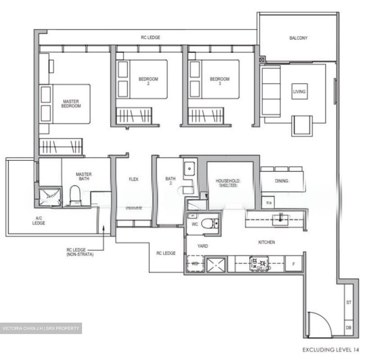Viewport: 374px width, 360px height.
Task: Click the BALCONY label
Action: point(298,38)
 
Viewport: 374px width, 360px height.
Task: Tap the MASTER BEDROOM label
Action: point(71,104)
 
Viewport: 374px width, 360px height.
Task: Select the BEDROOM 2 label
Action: point(148,81)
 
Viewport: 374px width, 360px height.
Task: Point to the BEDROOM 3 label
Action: point(220,81)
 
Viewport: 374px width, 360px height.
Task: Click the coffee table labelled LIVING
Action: point(299,91)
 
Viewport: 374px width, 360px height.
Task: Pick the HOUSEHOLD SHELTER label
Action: point(228,183)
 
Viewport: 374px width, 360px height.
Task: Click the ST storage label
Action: point(349,302)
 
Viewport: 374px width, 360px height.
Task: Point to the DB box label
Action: point(349,328)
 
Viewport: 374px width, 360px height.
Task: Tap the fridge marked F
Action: point(294,264)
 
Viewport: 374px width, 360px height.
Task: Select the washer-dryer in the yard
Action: point(195,264)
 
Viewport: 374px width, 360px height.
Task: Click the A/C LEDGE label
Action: point(39,221)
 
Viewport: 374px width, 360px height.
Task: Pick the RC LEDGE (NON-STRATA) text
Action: point(80,252)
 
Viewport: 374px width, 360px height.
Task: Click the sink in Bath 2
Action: point(190,169)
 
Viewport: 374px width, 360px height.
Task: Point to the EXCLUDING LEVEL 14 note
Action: point(331,350)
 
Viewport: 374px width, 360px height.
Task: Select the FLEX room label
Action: point(133,179)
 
